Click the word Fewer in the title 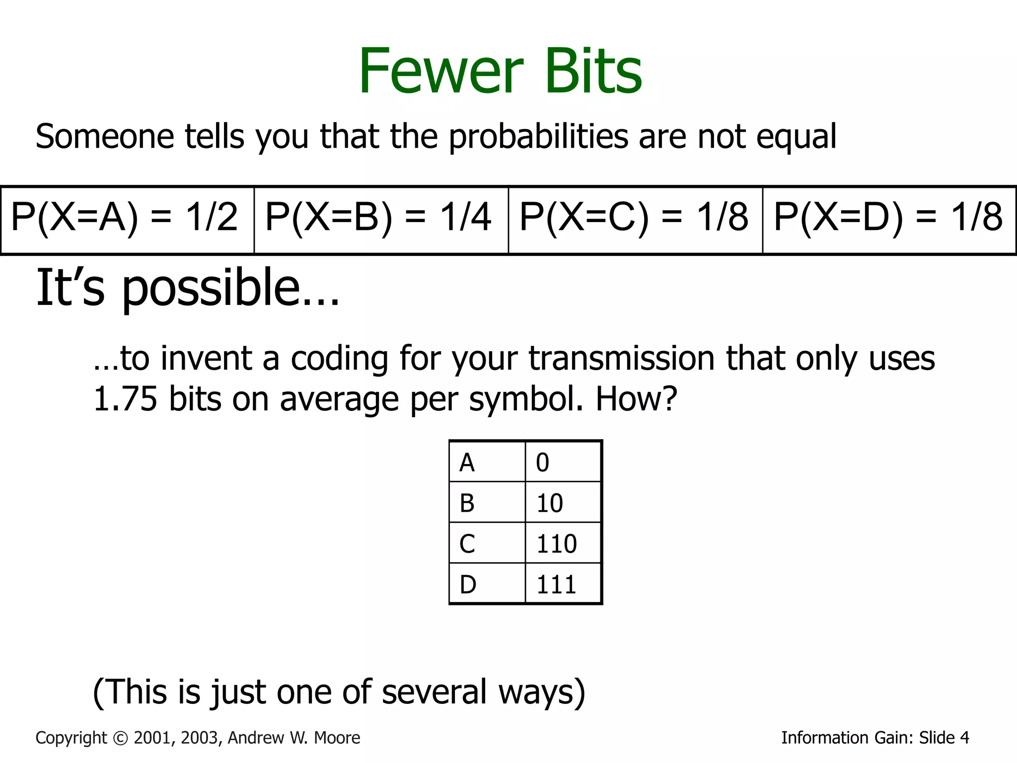pos(440,71)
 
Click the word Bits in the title pos(593,71)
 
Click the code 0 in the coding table pos(542,462)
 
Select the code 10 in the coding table pos(549,503)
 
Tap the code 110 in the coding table pos(556,544)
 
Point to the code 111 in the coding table pos(556,585)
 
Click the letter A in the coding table pos(467,462)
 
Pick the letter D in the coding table pos(468,585)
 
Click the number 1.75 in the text pos(125,399)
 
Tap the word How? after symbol pos(636,399)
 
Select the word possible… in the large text pos(230,288)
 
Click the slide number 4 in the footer pos(964,738)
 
